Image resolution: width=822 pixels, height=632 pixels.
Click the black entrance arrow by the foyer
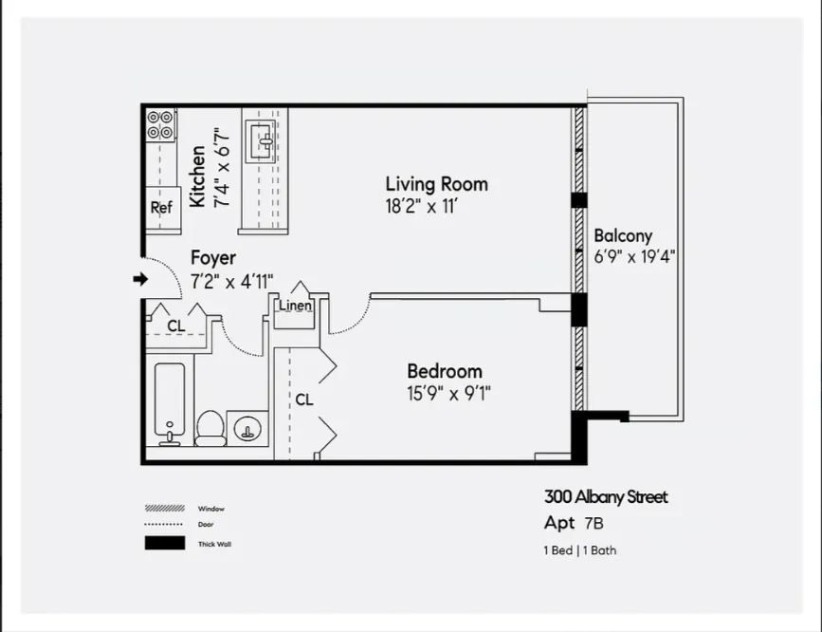point(140,279)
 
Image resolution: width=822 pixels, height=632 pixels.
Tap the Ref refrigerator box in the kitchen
point(161,208)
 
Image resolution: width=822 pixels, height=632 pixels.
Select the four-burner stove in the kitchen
point(160,125)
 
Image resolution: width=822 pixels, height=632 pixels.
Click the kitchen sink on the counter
point(265,142)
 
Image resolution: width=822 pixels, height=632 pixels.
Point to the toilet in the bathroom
point(210,429)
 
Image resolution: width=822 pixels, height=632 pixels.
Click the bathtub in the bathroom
point(174,403)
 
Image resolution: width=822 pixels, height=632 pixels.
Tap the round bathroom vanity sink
point(248,429)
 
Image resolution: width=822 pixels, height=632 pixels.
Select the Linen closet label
point(295,306)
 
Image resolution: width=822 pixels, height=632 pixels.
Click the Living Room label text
point(436,183)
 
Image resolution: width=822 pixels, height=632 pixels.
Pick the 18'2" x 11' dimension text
point(422,205)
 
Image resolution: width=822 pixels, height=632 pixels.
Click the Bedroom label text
point(444,371)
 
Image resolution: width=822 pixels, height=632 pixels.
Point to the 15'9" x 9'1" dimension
point(448,392)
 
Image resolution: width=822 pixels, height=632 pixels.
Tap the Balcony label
point(623,236)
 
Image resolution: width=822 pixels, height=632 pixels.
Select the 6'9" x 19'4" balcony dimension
point(634,256)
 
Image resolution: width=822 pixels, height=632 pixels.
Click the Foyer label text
point(213,258)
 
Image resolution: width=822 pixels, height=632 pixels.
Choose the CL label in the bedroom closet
point(303,400)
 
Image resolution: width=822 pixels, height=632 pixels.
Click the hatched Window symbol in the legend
point(164,508)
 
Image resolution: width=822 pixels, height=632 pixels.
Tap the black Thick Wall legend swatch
point(164,544)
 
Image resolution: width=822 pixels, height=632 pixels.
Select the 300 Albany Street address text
point(606,497)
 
